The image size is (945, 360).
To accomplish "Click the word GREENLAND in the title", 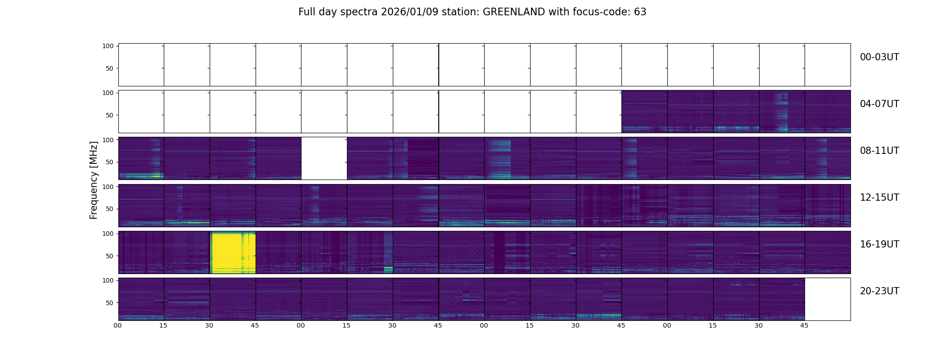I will (x=513, y=12).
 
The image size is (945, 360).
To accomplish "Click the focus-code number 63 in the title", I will (x=640, y=12).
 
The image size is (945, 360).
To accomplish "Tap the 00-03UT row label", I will (x=879, y=57).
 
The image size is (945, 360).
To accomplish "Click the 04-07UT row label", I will (x=879, y=104).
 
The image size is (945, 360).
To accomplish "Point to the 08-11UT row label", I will (x=879, y=151).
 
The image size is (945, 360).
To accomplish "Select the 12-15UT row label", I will (x=879, y=198).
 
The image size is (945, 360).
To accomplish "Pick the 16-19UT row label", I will (x=879, y=244).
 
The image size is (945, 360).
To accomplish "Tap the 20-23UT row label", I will (x=879, y=291).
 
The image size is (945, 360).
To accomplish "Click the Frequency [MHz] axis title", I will (x=94, y=180).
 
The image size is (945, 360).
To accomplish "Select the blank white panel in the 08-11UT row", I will (x=324, y=158).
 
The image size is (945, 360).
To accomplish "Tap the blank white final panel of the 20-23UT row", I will (x=828, y=299).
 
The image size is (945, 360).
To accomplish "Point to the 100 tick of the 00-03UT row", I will (x=108, y=46).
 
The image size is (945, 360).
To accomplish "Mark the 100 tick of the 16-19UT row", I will (x=108, y=234).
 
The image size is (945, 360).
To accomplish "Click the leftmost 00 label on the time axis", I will (x=118, y=325).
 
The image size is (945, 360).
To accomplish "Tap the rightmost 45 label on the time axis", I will (x=804, y=325).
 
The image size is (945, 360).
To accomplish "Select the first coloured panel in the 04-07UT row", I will (x=644, y=112).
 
